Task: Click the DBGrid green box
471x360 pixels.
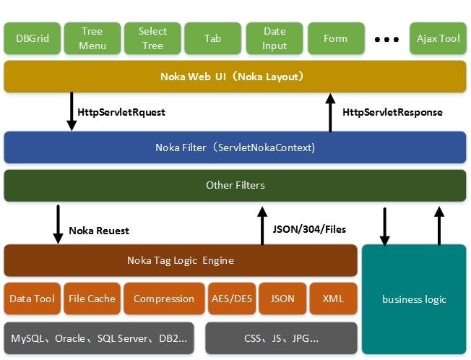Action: click(32, 38)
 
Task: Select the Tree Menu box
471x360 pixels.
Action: click(92, 38)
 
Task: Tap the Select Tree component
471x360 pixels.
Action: click(152, 38)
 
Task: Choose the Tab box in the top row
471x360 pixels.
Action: click(212, 38)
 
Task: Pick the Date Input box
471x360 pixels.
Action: click(275, 38)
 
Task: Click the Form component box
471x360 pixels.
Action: click(335, 38)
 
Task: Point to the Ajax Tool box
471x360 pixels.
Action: click(438, 38)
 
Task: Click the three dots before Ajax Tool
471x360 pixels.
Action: click(387, 39)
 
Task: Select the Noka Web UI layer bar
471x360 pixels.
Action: click(235, 76)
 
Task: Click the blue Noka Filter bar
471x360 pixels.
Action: click(235, 147)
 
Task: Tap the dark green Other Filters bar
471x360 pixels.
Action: click(235, 185)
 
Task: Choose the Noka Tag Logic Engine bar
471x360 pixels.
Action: click(181, 260)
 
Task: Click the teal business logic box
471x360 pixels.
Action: click(414, 299)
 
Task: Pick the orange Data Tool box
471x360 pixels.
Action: click(33, 299)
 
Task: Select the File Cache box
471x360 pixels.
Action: click(92, 299)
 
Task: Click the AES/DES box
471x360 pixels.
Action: click(232, 299)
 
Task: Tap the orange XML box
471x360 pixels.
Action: click(333, 299)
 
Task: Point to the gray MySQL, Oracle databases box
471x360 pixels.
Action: click(99, 338)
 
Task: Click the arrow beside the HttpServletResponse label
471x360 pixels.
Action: click(330, 112)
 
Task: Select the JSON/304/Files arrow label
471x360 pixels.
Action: click(308, 229)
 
